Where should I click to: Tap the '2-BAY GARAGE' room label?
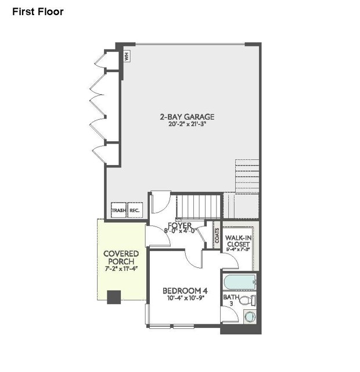point(183,116)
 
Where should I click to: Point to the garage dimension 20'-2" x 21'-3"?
point(183,124)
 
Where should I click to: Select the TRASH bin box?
point(119,211)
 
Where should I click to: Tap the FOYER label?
point(180,225)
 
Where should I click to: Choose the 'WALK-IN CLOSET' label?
point(238,240)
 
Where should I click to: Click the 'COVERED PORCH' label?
point(121,258)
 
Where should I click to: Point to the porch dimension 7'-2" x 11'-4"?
point(121,269)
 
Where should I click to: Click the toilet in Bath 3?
point(247,301)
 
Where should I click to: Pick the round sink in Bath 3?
point(250,317)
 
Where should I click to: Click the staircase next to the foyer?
point(200,205)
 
